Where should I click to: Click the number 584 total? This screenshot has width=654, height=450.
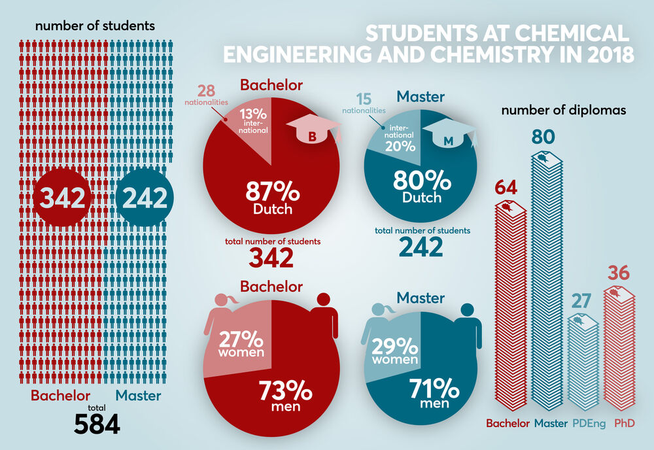[x=97, y=424]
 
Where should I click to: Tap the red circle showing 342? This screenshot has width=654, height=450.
[x=60, y=198]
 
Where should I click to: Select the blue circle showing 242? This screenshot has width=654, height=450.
[x=142, y=198]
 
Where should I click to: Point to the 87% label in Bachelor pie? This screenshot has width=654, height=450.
[x=272, y=192]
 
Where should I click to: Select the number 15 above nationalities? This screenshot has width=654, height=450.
[x=364, y=100]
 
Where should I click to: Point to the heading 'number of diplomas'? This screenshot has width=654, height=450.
[x=564, y=111]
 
